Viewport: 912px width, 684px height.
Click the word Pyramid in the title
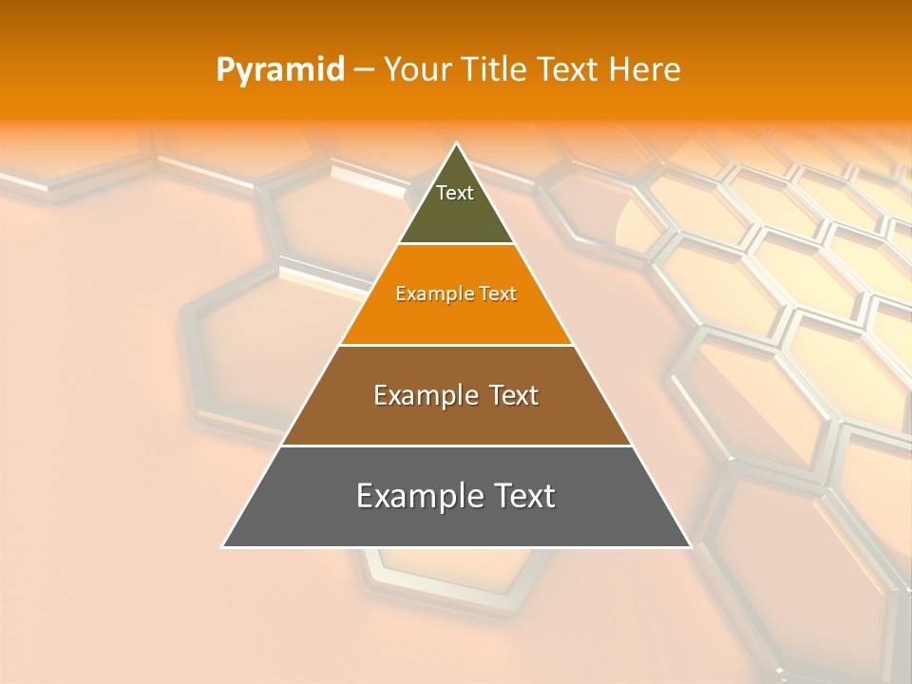click(279, 70)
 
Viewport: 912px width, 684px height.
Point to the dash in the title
click(363, 70)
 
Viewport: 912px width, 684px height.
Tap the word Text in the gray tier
click(525, 496)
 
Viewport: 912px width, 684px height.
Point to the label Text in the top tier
click(455, 193)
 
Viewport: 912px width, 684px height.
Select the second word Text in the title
click(568, 70)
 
